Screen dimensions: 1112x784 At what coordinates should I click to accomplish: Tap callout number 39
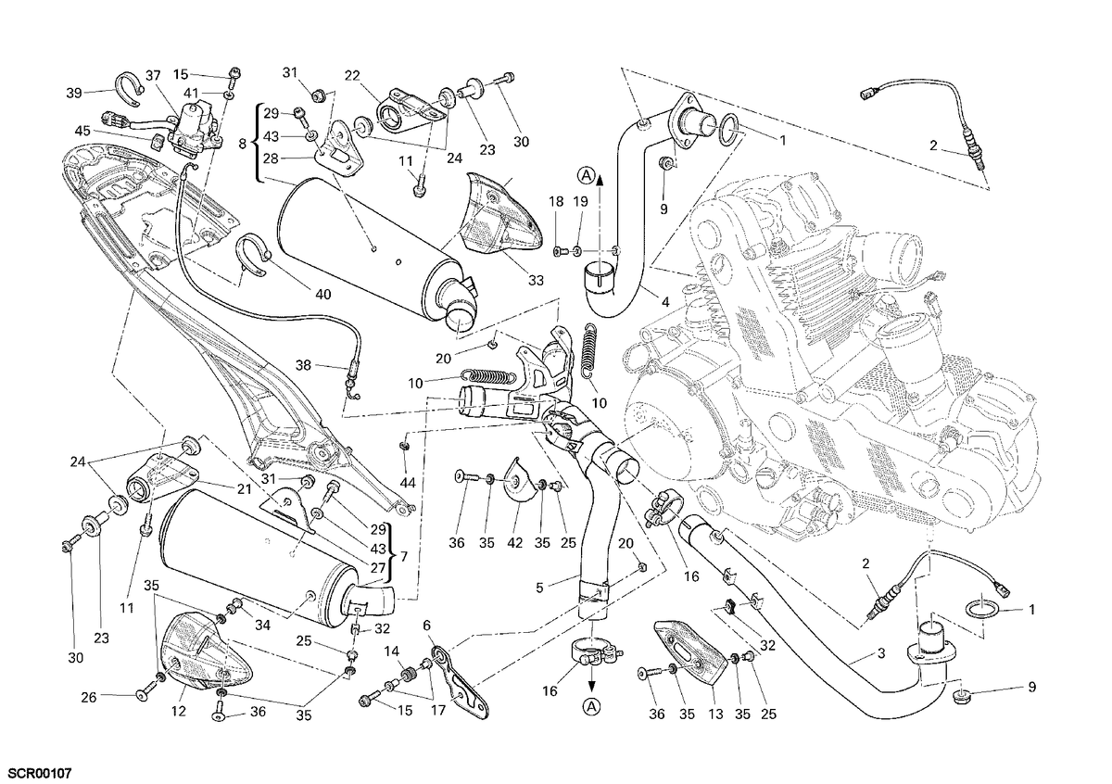tap(74, 93)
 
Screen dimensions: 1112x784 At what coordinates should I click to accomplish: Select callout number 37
tap(153, 75)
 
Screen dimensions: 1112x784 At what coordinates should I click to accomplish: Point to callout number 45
tap(82, 131)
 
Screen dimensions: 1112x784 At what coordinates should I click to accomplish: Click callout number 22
tap(352, 75)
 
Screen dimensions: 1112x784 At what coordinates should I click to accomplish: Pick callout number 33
tap(536, 281)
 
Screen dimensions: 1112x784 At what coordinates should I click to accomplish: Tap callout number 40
tap(323, 295)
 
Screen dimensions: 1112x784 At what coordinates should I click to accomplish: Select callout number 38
tap(303, 365)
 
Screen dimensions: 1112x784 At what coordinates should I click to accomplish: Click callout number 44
tap(408, 482)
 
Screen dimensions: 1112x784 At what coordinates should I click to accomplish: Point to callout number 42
tap(515, 543)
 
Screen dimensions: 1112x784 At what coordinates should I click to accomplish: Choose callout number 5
tap(539, 588)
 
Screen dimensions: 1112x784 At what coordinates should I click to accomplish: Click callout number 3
tap(881, 654)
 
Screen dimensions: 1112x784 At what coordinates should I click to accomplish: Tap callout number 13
tap(715, 714)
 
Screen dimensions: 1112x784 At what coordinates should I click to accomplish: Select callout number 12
tap(178, 712)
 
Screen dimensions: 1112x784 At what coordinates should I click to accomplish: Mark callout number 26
tap(88, 698)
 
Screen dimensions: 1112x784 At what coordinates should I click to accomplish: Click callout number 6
tap(426, 626)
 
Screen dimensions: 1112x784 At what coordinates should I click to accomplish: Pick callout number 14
tap(391, 651)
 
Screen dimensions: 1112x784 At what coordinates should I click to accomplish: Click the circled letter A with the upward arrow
tap(587, 175)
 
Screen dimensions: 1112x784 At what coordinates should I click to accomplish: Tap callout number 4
tap(665, 301)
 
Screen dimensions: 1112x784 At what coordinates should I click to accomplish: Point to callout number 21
tap(245, 489)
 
